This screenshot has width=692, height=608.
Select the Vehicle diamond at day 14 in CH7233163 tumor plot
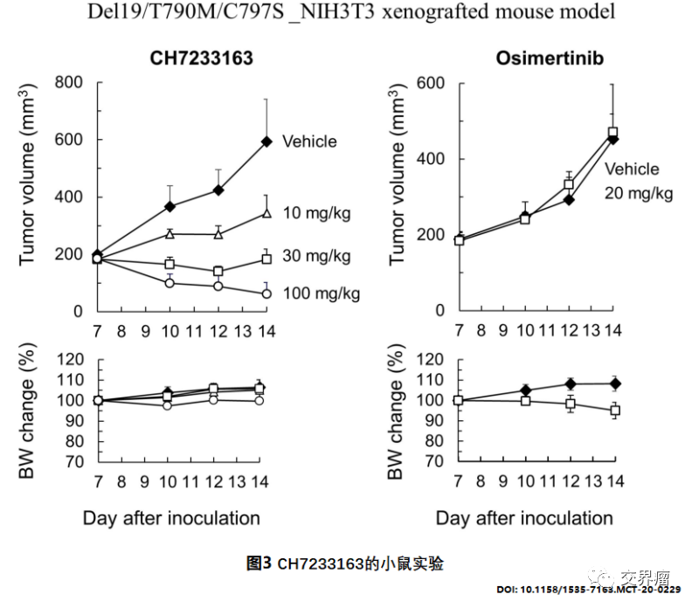(x=266, y=142)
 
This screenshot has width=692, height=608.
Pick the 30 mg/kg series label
(x=317, y=256)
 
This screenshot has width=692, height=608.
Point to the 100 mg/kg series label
(x=321, y=293)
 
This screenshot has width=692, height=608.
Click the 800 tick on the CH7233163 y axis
(x=69, y=83)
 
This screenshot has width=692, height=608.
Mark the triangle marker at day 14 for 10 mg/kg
(x=266, y=212)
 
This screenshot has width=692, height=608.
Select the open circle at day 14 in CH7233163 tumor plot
(x=266, y=294)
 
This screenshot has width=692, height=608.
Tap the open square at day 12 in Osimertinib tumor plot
(x=569, y=184)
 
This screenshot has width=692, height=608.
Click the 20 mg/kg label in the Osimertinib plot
(x=639, y=193)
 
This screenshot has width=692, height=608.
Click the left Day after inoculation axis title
(x=171, y=518)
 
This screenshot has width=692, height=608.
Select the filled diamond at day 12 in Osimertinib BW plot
(x=569, y=383)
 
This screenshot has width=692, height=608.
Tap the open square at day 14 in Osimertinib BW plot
(x=615, y=410)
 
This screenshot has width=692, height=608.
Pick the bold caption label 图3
(x=260, y=563)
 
